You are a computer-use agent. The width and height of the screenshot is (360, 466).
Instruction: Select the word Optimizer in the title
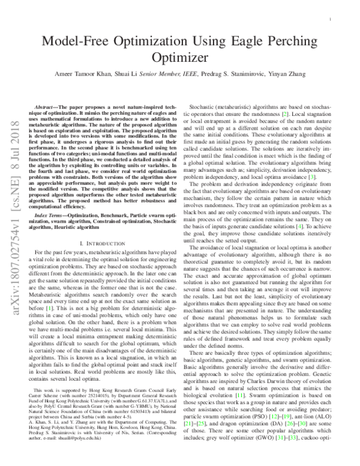point(179,58)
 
